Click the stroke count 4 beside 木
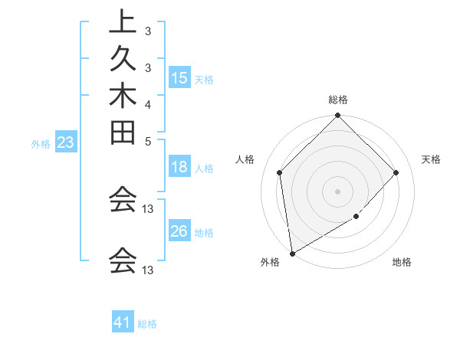147,103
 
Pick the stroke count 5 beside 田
147,141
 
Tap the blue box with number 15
179,78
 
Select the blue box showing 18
179,168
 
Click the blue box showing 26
179,232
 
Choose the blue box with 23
66,142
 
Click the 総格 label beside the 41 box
147,324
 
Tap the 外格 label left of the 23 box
41,143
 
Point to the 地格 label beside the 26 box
204,233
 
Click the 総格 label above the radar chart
338,100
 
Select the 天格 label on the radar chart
431,159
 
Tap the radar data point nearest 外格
292,254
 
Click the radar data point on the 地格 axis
356,217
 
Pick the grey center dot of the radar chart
337,191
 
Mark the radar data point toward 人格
280,172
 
